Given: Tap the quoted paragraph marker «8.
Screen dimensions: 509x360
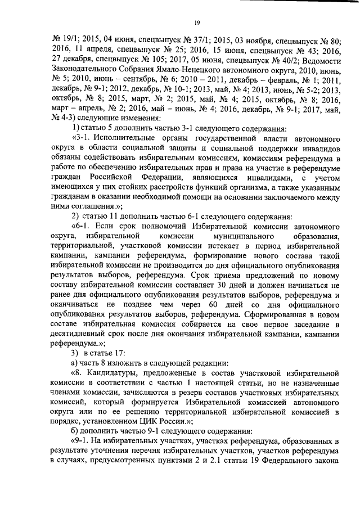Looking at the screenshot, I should [x=77, y=373].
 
